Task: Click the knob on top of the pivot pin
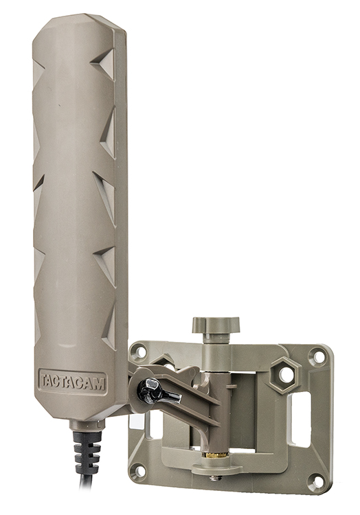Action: (216, 323)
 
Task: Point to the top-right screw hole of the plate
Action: (317, 356)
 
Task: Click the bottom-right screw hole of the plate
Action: (316, 481)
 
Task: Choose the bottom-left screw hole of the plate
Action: (138, 471)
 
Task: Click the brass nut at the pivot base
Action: (216, 455)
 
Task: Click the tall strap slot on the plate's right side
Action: (300, 419)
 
